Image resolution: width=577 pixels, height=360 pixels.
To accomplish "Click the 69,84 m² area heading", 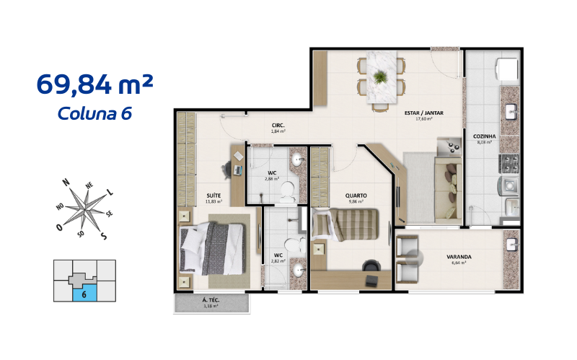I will click(94, 84).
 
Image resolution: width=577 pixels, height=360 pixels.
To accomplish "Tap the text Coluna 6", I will click(94, 113).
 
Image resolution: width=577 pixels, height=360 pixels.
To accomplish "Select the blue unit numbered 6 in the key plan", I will click(84, 293).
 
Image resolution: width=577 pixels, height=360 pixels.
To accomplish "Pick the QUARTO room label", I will click(356, 195).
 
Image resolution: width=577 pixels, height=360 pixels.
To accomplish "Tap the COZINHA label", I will click(483, 136).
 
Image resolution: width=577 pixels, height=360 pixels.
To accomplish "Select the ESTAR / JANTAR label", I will click(423, 113).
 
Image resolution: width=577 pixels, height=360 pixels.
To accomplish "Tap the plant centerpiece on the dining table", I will click(379, 74).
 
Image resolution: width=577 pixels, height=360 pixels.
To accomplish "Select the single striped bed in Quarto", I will click(347, 224).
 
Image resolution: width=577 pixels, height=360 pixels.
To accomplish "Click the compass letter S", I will click(103, 236).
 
